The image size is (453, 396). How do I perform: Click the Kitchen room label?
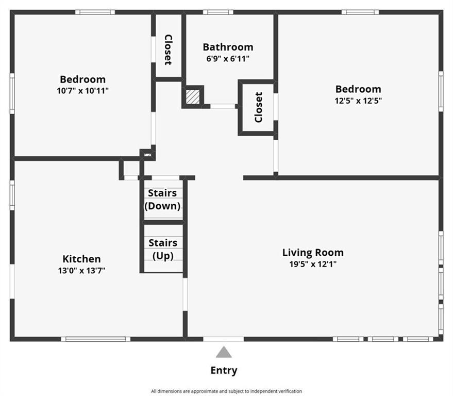point(82,259)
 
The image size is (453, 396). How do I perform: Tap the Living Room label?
point(313,252)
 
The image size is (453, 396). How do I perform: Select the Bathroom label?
point(228,47)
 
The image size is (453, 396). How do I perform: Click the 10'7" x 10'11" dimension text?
point(82,91)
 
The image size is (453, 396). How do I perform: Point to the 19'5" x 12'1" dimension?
point(313,264)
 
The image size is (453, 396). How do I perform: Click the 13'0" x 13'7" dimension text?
point(81,271)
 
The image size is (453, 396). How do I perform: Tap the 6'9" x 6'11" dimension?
point(228,59)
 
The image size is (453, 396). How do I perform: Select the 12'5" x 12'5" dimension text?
point(358,101)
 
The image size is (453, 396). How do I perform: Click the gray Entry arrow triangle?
point(224,352)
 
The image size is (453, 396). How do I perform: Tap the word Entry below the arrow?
point(224,370)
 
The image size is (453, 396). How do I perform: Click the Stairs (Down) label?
point(162,200)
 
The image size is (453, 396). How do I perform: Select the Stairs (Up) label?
point(163,249)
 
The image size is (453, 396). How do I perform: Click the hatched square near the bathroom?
point(193,97)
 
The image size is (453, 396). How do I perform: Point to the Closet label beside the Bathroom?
point(168,49)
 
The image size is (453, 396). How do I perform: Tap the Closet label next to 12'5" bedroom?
point(258,107)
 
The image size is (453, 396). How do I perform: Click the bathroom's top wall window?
point(218,12)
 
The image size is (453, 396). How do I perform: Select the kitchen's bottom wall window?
point(96,339)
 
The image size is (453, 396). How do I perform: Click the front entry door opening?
point(224,339)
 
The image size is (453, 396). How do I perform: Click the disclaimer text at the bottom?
point(227,391)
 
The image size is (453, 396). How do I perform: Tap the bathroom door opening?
point(223,106)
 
